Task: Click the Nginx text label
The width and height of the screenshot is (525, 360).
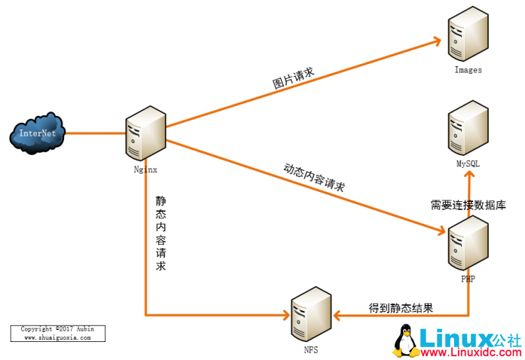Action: coord(145,169)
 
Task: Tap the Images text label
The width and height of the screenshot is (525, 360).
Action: coord(468,70)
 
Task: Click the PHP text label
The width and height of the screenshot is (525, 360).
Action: coord(468,279)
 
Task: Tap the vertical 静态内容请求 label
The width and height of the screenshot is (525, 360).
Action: coord(160,233)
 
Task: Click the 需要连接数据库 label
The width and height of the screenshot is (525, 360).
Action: coord(468,204)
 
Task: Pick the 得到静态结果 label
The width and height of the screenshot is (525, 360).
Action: coord(400,307)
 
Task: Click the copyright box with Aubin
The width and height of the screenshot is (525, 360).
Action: coord(58,334)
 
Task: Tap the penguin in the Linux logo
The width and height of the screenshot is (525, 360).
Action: coord(405,341)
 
